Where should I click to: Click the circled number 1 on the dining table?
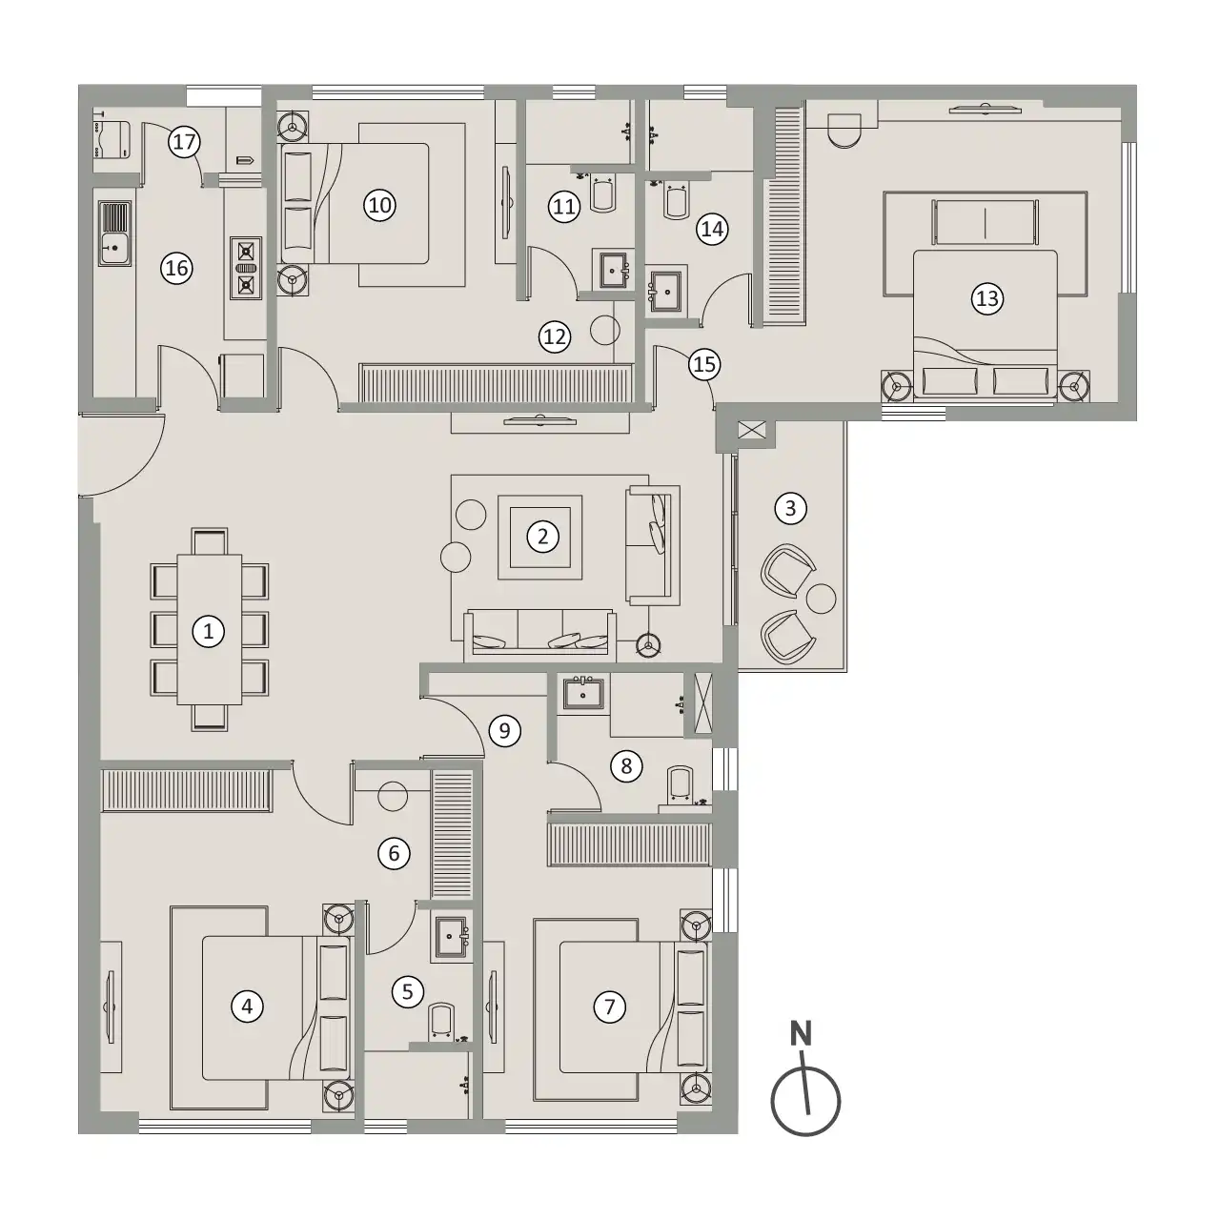pos(209,631)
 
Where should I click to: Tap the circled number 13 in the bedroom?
pos(987,298)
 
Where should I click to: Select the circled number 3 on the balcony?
pos(790,508)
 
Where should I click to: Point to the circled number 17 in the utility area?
pos(184,142)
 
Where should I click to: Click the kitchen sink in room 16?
pos(114,233)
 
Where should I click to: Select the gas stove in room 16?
pos(246,268)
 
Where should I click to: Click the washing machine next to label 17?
pos(112,139)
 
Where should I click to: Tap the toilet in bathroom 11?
pos(603,194)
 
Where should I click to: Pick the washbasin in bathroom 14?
pos(666,292)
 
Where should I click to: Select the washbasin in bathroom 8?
pos(583,693)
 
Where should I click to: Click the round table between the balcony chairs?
pos(822,599)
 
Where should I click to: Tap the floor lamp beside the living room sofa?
pos(648,644)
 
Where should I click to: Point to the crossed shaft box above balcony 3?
pos(751,431)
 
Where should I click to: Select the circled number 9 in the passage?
pos(504,731)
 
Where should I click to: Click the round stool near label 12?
pos(604,330)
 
